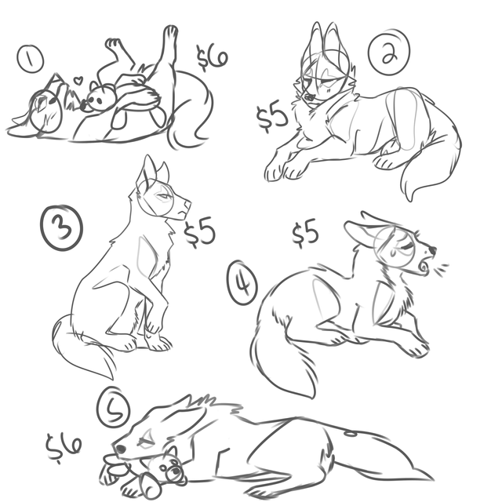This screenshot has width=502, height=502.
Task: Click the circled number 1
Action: click(30, 59)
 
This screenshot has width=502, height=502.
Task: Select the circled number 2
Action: click(389, 51)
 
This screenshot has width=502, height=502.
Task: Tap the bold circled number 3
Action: click(61, 228)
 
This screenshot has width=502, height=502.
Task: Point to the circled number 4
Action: click(242, 282)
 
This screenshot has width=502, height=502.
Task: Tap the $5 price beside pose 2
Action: click(271, 117)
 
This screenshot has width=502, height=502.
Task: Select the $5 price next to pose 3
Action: click(199, 231)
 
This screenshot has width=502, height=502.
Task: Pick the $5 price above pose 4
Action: click(305, 232)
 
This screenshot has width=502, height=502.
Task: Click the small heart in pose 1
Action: click(78, 80)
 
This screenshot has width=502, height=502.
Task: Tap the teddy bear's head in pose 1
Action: click(100, 97)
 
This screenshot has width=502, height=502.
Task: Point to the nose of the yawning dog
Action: click(432, 249)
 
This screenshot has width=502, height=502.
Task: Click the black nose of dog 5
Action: click(120, 449)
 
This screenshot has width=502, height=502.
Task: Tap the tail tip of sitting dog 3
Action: click(112, 379)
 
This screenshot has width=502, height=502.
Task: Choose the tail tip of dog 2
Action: click(410, 201)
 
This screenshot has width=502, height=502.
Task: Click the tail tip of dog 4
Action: click(313, 398)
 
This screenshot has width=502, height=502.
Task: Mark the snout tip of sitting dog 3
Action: click(190, 204)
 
